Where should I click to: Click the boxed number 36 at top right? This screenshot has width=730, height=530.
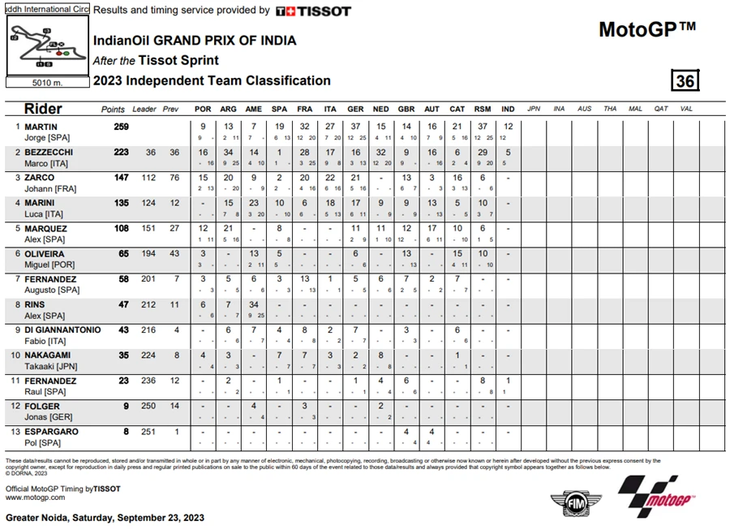coord(685,81)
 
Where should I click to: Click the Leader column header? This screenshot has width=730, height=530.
coord(144,110)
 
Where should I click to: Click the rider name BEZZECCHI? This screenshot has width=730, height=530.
coord(49,152)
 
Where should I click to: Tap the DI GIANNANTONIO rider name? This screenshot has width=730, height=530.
coord(62,330)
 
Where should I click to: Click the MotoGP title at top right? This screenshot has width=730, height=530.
coord(647,30)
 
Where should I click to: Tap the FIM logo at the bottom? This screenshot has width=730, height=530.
coord(565,503)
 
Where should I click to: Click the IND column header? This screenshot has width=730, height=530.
coord(508,110)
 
